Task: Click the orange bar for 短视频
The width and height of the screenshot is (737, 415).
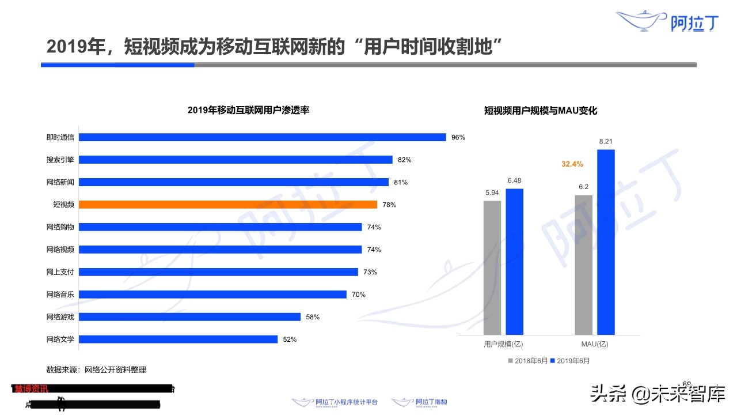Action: (x=227, y=205)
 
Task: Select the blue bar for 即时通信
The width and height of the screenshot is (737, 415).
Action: (x=262, y=137)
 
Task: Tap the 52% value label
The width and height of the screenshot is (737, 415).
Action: (x=290, y=339)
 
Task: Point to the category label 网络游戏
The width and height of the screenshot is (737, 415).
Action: (x=60, y=317)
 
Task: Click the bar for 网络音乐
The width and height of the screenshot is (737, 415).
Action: (x=212, y=295)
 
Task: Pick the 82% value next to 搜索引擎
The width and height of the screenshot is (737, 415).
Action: (x=404, y=160)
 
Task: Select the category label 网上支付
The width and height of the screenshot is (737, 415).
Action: (x=60, y=272)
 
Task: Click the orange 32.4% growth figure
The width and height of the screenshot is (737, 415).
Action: (x=572, y=164)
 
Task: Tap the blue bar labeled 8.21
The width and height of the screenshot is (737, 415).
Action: (x=606, y=242)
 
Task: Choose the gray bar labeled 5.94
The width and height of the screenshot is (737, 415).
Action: (x=492, y=267)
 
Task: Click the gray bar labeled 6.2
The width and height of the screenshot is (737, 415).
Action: (x=583, y=265)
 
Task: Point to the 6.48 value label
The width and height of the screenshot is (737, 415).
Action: (x=514, y=181)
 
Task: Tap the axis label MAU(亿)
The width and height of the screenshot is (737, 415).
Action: (x=595, y=345)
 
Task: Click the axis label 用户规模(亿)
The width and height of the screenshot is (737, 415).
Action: (x=503, y=345)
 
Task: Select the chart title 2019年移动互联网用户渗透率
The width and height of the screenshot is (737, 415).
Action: (x=248, y=110)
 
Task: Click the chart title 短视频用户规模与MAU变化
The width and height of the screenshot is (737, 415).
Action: (x=541, y=111)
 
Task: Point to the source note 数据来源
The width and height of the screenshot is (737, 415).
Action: (x=100, y=369)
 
